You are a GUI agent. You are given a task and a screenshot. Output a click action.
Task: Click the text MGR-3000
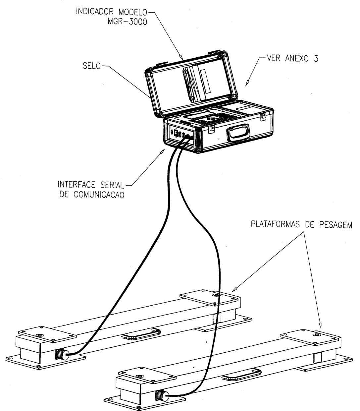tap(127, 22)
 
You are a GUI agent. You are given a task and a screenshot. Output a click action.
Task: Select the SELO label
tap(92, 66)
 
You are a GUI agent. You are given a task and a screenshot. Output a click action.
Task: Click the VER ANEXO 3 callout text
tap(292, 58)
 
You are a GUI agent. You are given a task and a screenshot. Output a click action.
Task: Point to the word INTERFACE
tap(77, 185)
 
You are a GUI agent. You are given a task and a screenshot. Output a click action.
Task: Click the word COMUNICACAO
tap(99, 195)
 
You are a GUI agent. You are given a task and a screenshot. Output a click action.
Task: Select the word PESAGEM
tap(336, 225)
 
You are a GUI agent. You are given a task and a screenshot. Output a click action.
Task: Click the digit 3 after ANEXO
tap(316, 58)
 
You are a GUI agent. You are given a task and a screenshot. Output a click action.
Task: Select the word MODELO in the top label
tap(133, 12)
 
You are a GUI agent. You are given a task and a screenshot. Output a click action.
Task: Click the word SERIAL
tap(112, 185)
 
